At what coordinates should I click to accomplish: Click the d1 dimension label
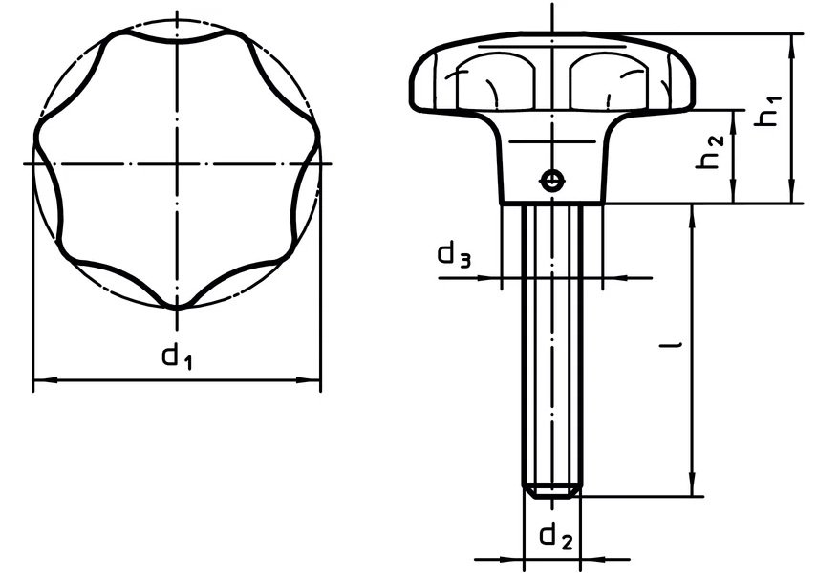pos(177,356)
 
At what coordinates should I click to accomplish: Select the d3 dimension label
pos(454,255)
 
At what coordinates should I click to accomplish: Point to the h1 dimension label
pos(767,111)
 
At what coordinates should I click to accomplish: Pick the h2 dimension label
pos(710,152)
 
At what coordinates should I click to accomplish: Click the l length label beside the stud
pos(671,344)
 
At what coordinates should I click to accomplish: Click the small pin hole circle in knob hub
pos(551,182)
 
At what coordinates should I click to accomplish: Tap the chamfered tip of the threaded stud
pos(552,491)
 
